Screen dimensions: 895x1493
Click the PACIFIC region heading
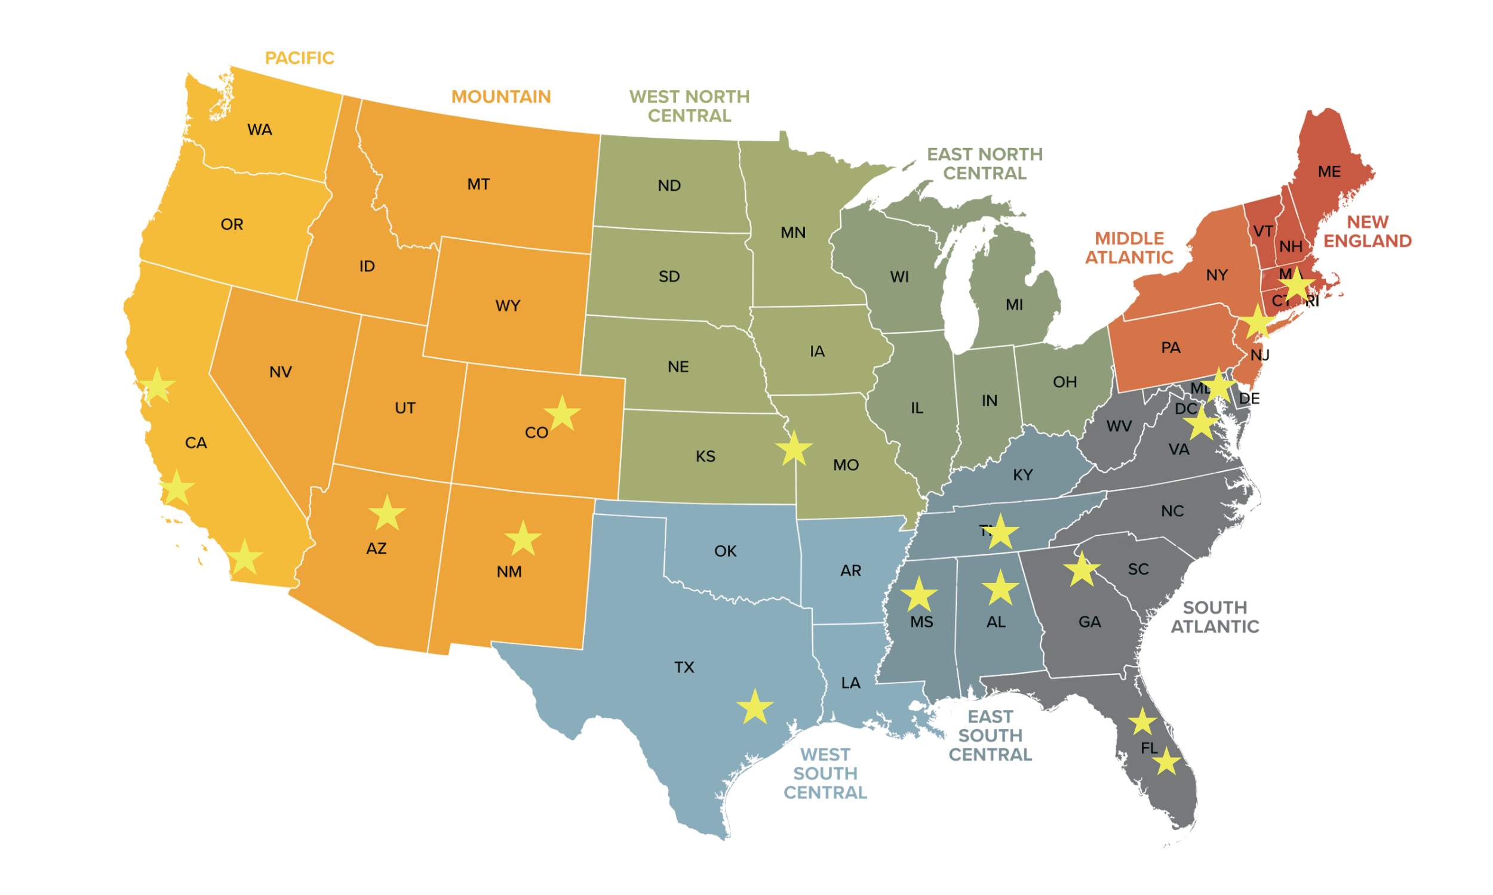click(299, 58)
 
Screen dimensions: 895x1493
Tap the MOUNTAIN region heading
click(501, 97)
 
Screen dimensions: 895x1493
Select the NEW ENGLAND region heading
click(1368, 231)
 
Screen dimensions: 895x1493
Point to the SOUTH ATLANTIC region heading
click(1215, 617)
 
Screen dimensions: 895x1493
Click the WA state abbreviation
click(260, 129)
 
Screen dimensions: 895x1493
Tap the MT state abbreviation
click(478, 184)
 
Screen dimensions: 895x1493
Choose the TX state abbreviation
click(684, 668)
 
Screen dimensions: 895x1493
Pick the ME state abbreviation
click(1329, 172)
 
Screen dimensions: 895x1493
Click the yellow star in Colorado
click(562, 413)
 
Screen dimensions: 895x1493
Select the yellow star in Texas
click(755, 708)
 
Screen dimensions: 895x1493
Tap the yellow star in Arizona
click(387, 514)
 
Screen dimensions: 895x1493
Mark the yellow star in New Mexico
click(523, 539)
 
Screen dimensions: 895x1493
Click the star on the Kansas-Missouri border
click(794, 449)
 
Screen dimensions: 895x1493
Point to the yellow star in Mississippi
click(918, 595)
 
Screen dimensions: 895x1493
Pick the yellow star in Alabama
click(1000, 588)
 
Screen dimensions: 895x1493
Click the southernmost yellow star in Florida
click(1166, 762)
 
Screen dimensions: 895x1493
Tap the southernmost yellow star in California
click(244, 558)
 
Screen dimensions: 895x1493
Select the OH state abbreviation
click(1065, 382)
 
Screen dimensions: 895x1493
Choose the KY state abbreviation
click(1022, 475)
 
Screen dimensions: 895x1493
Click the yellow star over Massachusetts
click(1297, 285)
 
